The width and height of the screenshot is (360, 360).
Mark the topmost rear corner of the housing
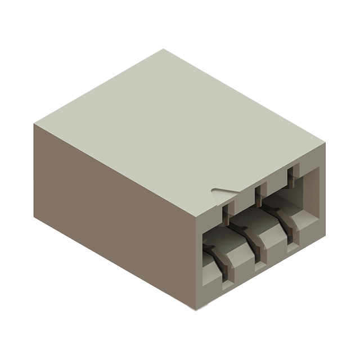164,49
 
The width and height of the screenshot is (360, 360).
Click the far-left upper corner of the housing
34,124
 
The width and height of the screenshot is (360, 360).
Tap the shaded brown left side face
112,214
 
